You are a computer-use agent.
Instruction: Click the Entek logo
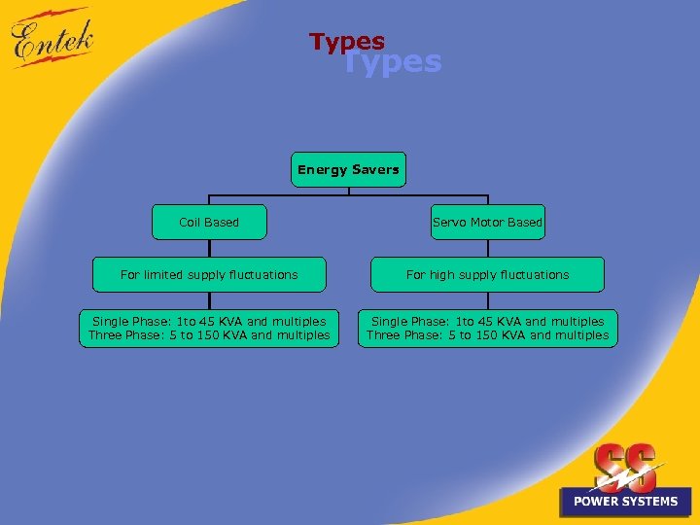[x=54, y=39]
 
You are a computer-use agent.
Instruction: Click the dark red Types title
[x=346, y=41]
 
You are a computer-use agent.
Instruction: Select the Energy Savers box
[x=348, y=169]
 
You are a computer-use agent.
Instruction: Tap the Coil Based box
[x=209, y=222]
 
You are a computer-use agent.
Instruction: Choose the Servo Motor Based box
[x=487, y=222]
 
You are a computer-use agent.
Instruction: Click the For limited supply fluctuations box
[x=209, y=274]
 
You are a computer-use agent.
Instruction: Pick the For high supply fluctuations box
[x=487, y=274]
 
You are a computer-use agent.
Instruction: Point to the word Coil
[x=190, y=222]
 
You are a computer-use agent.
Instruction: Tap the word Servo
[x=449, y=222]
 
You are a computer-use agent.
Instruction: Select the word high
[x=442, y=274]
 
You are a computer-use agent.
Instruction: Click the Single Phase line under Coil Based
[x=209, y=321]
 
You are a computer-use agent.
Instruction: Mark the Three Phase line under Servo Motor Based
[x=487, y=335]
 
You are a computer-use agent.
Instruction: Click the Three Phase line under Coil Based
[x=209, y=335]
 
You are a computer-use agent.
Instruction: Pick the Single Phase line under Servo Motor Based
[x=487, y=321]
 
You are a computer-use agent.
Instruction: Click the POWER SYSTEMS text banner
[x=625, y=501]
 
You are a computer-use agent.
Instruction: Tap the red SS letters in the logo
[x=624, y=465]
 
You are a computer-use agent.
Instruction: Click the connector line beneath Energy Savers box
[x=348, y=192]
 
